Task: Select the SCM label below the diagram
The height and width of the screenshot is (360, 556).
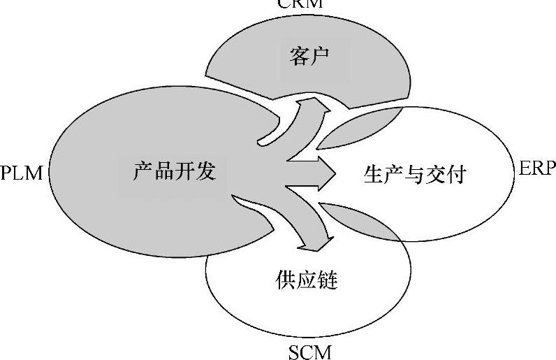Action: (x=309, y=352)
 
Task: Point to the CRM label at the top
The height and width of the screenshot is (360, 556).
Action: (x=300, y=3)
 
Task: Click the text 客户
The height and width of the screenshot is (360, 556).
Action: (x=308, y=57)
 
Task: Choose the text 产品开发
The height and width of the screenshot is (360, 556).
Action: (x=174, y=171)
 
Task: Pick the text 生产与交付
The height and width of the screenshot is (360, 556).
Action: (x=414, y=174)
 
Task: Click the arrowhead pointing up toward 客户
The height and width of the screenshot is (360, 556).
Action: (x=313, y=106)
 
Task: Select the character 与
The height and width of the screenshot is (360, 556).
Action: (x=414, y=174)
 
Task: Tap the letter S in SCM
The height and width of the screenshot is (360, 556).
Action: (x=294, y=352)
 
